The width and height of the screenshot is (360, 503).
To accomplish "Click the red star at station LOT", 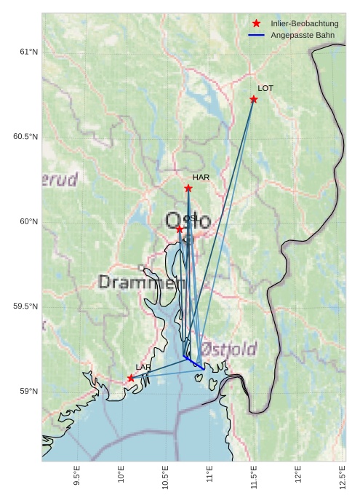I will (x=254, y=99).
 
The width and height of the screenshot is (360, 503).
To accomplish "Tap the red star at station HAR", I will (x=188, y=189).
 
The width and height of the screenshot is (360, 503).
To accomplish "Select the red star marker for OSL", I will (x=180, y=229).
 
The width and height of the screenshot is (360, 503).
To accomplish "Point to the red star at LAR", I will (x=131, y=378).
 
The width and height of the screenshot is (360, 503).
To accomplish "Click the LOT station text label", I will (x=265, y=88).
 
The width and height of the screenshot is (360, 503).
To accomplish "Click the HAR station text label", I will (x=201, y=177).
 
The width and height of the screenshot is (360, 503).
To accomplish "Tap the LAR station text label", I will (x=143, y=367).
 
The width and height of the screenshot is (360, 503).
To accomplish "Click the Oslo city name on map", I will (x=188, y=221).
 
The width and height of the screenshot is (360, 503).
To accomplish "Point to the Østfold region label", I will (x=228, y=349).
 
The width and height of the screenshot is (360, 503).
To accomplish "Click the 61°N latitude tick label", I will (x=28, y=52).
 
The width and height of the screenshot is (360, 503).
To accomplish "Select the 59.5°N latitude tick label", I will (x=25, y=306).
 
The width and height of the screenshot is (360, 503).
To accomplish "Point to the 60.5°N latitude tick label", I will (x=25, y=137).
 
